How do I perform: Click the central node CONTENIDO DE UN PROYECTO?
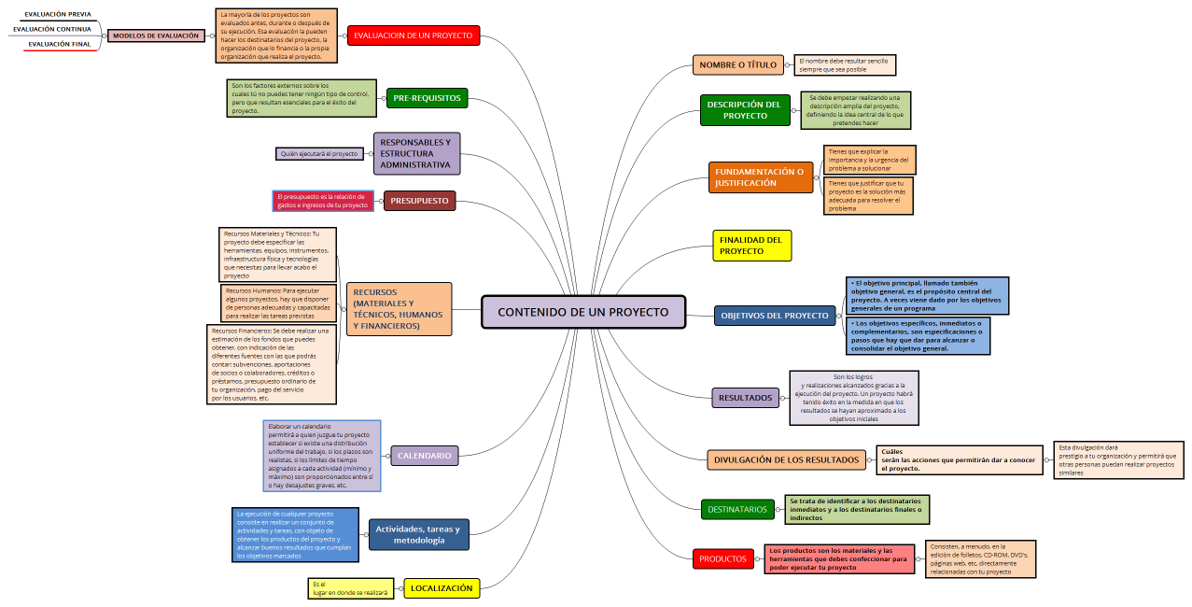pos(583,312)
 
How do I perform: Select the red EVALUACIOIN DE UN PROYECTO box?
pos(414,35)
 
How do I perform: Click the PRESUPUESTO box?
pos(419,201)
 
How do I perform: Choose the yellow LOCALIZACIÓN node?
pos(442,588)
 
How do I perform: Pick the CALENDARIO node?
pos(424,456)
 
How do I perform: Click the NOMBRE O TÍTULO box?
pos(737,64)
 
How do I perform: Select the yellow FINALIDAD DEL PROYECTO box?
pos(751,246)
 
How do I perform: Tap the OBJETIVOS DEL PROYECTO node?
pos(775,316)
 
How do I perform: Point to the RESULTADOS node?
pos(745,398)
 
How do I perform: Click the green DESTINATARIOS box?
pos(737,509)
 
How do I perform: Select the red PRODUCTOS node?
pos(723,559)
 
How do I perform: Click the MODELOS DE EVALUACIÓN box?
pos(156,35)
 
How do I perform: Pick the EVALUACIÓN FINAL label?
pos(60,44)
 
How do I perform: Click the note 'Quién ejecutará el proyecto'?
pos(319,153)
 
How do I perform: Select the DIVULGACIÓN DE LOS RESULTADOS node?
pos(786,459)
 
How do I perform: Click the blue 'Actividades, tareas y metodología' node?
pos(418,534)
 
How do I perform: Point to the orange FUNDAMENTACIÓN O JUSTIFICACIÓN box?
pos(760,177)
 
